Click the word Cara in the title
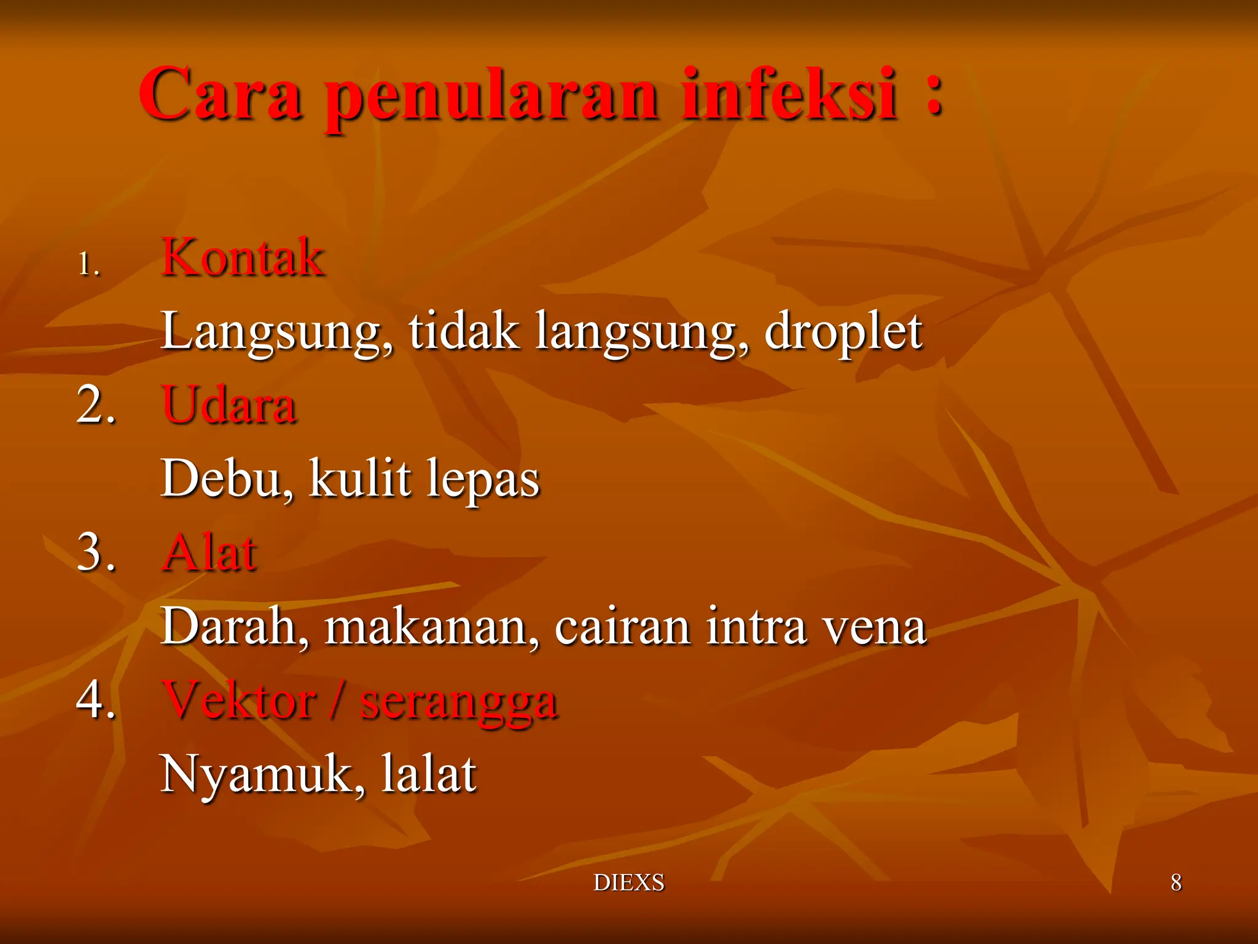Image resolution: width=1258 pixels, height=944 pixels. click(x=221, y=95)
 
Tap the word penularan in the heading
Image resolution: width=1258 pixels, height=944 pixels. click(x=491, y=98)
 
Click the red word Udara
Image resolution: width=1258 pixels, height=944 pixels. click(x=229, y=405)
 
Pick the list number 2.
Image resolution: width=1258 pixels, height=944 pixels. click(x=95, y=405)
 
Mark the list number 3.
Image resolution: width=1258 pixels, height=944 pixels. click(x=95, y=552)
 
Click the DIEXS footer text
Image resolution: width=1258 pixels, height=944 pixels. click(x=628, y=883)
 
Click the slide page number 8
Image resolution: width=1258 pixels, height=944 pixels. click(x=1176, y=883)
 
